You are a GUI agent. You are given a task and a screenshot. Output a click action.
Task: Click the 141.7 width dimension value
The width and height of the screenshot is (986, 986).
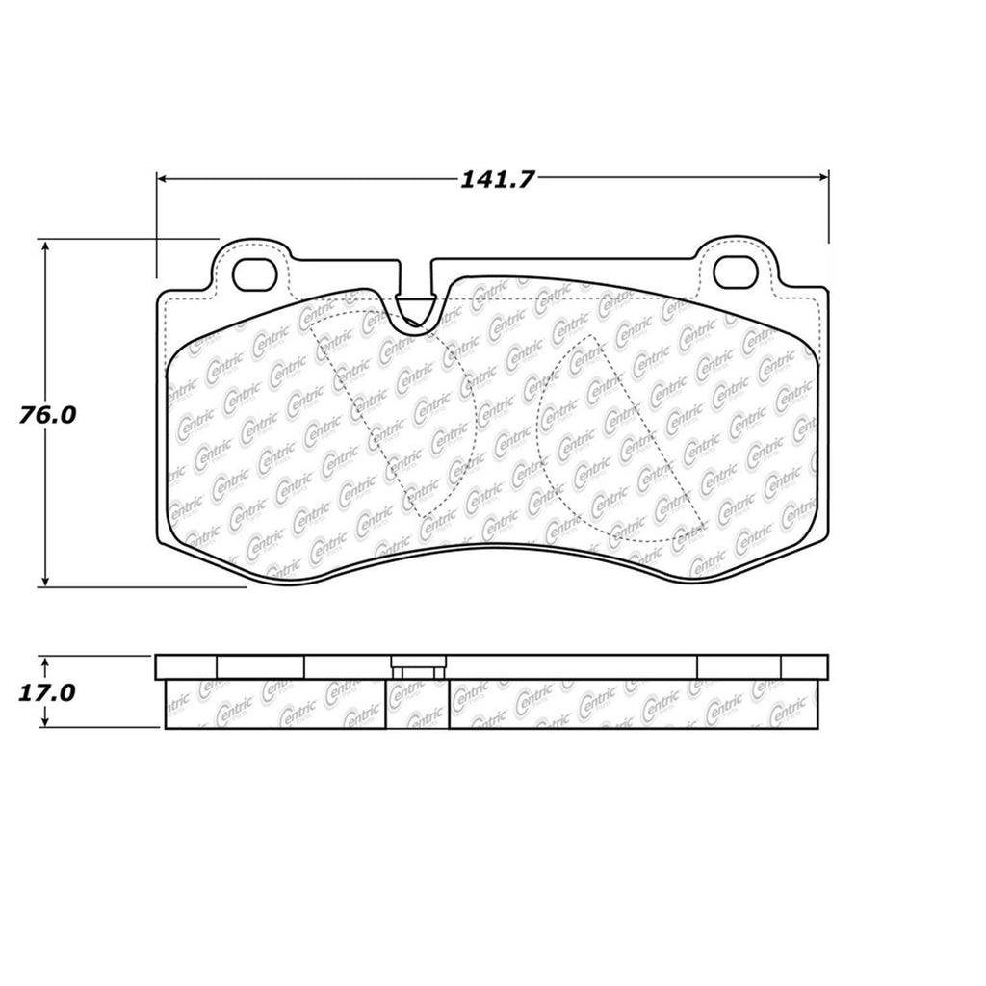click(493, 180)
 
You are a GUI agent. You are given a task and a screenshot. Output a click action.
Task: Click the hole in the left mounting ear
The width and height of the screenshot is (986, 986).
click(256, 272)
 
